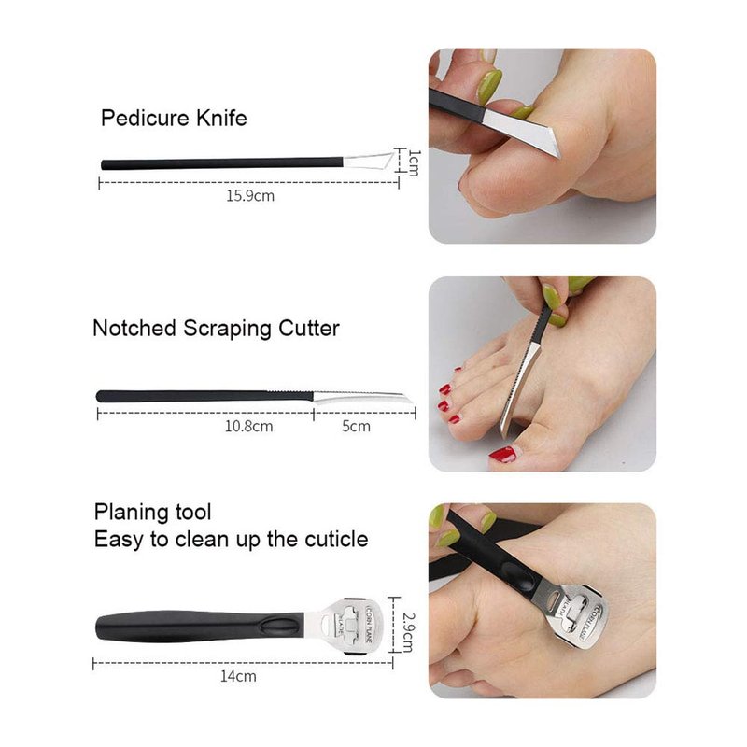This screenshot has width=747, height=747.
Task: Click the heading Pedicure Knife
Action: coord(174,119)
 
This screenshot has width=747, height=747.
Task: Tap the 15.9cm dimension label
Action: coord(250,196)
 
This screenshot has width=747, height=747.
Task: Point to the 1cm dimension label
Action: coord(414,162)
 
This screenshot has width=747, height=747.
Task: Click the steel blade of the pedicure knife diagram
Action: coord(369,160)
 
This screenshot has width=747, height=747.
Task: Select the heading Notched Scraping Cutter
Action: coord(216,329)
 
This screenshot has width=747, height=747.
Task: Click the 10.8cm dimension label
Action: coord(248,426)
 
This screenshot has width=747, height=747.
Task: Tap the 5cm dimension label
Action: coord(356,426)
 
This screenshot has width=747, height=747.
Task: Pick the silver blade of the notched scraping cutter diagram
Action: coord(359,396)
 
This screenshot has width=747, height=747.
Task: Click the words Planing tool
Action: coord(152,513)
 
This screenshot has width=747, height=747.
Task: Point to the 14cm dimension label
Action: coord(238,676)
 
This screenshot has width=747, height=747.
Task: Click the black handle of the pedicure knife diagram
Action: coord(222,163)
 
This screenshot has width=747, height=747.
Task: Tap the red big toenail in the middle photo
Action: coord(503,454)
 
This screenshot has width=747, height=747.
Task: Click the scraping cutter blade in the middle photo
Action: coord(519,389)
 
